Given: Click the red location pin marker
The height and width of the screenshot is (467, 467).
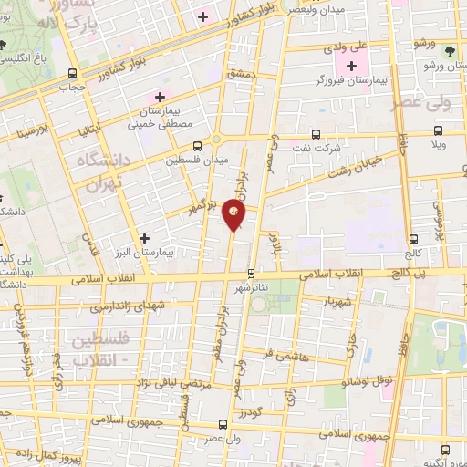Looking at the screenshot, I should coord(235,217).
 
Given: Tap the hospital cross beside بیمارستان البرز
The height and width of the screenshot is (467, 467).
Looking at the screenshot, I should coord(145,238).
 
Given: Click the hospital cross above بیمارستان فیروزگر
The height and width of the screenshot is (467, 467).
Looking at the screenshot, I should coord(351,67).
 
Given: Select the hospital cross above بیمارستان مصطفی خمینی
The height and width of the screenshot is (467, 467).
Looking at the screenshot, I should coord(161,97).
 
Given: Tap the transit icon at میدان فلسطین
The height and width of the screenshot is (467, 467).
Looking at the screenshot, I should coord(197,146).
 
